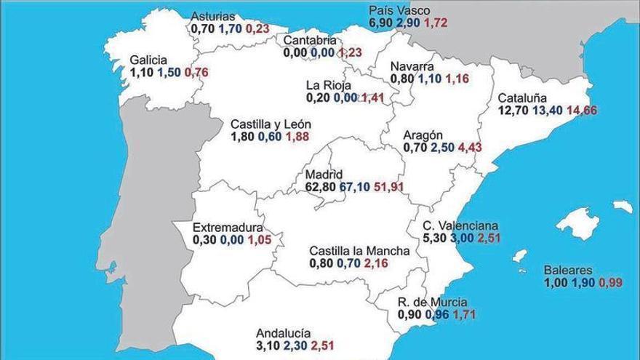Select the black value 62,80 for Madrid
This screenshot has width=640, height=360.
coord(321,187)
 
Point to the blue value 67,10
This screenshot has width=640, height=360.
coord(355,187)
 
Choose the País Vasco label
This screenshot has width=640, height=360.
coord(399,10)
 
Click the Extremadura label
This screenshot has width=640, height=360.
coord(228,227)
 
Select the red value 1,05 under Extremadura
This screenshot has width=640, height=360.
coord(260,239)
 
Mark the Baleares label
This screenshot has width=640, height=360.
coord(568,271)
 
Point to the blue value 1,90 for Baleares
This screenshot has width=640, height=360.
coord(583,283)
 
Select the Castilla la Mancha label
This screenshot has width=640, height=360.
coord(359,251)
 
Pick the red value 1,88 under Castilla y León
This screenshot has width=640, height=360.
coord(297,137)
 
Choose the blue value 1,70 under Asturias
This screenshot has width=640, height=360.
coord(230,29)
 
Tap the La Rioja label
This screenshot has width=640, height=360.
coord(328,85)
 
